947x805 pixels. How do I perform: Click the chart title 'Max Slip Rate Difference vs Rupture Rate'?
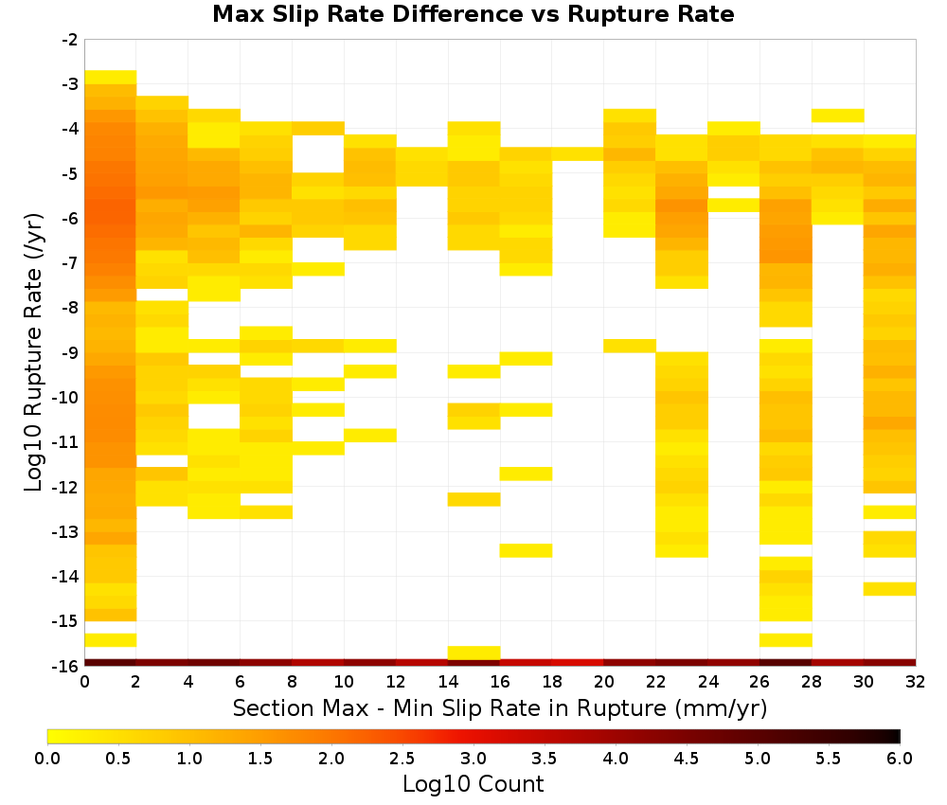[x=473, y=14]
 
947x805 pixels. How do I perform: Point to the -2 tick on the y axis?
[x=70, y=40]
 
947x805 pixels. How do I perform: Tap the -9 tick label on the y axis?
[x=70, y=352]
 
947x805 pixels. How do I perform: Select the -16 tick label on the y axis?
[x=66, y=666]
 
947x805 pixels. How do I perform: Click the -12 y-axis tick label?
[x=66, y=487]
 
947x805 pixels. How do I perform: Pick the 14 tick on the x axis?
[x=448, y=682]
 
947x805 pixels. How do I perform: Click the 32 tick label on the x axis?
[x=916, y=682]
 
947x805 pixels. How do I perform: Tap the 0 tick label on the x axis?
[x=84, y=682]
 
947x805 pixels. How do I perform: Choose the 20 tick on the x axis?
[x=604, y=682]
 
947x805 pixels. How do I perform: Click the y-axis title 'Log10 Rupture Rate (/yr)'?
[x=34, y=352]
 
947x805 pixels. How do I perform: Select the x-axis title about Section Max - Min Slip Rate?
[x=500, y=707]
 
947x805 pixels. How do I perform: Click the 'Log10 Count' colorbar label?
[x=473, y=784]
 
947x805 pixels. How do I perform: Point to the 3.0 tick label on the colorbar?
[x=473, y=759]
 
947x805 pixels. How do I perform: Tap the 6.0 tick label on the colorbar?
[x=900, y=759]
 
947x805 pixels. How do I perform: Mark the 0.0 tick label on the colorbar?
[x=47, y=759]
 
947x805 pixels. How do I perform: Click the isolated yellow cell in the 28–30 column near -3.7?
[x=838, y=116]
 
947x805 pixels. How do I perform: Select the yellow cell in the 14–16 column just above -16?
[x=474, y=653]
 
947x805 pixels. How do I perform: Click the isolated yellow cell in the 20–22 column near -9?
[x=630, y=346]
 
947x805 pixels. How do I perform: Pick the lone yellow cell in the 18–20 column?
[x=578, y=154]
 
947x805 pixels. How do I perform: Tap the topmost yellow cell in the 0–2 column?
[x=111, y=78]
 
